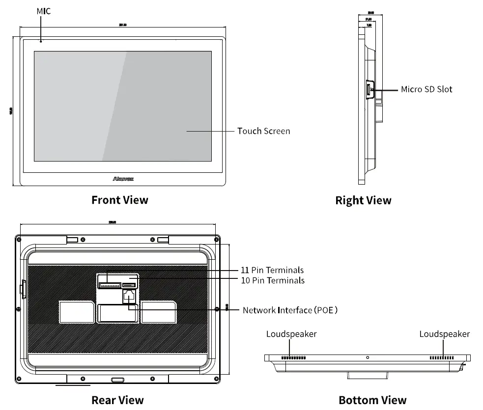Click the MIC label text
(x=44, y=11)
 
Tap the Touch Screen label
(x=263, y=131)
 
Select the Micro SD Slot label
(x=426, y=89)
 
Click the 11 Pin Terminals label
(x=272, y=270)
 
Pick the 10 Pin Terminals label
(x=272, y=280)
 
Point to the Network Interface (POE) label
(x=290, y=310)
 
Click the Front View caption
(x=119, y=200)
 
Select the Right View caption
(x=363, y=200)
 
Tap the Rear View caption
(x=117, y=400)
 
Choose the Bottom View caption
(x=372, y=400)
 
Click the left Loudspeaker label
(x=291, y=334)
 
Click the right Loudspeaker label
(x=444, y=334)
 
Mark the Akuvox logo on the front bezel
(x=123, y=179)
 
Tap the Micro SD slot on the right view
(x=368, y=90)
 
